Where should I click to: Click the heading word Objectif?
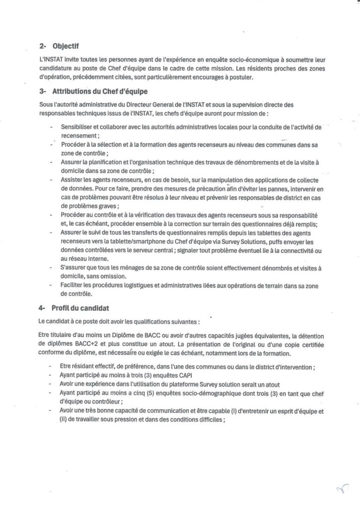[68, 47]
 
